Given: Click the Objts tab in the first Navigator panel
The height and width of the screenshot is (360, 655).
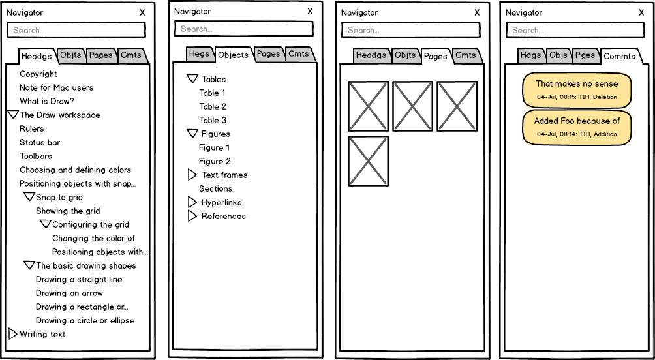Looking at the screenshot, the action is click(x=70, y=55).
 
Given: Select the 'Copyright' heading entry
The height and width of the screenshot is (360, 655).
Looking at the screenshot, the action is click(x=38, y=74).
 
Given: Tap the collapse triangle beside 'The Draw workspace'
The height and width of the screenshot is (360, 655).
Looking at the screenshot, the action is click(x=13, y=114).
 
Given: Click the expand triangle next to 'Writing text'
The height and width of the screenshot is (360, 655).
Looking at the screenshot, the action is click(x=12, y=334).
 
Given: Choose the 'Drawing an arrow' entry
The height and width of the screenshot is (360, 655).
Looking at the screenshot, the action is click(x=69, y=293).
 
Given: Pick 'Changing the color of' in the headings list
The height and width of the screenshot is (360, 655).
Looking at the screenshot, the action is click(x=93, y=238).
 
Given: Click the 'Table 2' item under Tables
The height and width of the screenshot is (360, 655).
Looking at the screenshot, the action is click(x=213, y=106).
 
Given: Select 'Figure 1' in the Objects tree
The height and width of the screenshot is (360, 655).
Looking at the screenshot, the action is click(x=214, y=147).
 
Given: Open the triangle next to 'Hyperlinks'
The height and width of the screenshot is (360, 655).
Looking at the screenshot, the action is click(x=192, y=202).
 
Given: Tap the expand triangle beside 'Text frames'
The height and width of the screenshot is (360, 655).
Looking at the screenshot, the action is click(x=192, y=175).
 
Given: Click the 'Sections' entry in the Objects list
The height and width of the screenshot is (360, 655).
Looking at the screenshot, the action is click(x=215, y=188).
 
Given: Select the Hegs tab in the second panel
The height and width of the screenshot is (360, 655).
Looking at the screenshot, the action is click(x=199, y=54).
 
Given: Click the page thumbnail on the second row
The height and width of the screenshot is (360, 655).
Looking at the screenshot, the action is click(x=368, y=161).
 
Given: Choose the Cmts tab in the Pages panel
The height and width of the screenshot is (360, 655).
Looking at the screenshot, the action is click(x=466, y=55).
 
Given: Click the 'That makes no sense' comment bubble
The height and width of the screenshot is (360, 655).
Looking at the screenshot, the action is click(x=577, y=90).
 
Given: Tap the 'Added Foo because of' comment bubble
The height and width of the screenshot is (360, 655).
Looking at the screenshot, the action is click(x=577, y=127).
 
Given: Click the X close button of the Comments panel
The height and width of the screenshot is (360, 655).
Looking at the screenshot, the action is click(x=641, y=12).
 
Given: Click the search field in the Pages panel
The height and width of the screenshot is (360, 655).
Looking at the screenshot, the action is click(x=410, y=30).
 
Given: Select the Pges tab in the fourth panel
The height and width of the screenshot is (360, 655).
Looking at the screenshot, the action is click(x=585, y=55).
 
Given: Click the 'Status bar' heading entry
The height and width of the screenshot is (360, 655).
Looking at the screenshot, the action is click(x=40, y=142).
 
